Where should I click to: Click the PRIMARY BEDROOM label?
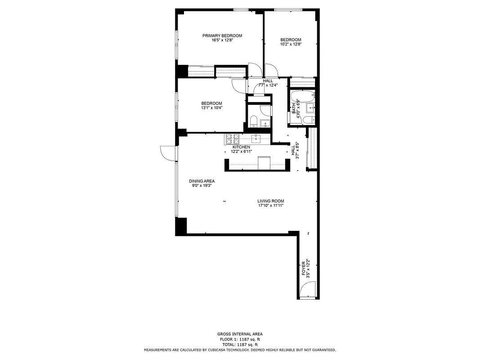click(222, 36)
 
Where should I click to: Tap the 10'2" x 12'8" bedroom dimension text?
click(290, 44)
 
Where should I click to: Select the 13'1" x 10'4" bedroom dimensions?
click(211, 108)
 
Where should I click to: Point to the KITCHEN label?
click(241, 147)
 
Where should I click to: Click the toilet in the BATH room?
click(308, 120)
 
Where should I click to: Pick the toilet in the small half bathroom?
click(253, 120)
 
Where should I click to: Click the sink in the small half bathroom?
click(265, 121)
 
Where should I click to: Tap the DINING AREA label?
click(202, 181)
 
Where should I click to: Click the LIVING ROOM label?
click(270, 201)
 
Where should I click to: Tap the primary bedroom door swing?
click(254, 70)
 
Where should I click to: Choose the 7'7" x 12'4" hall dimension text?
click(268, 85)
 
